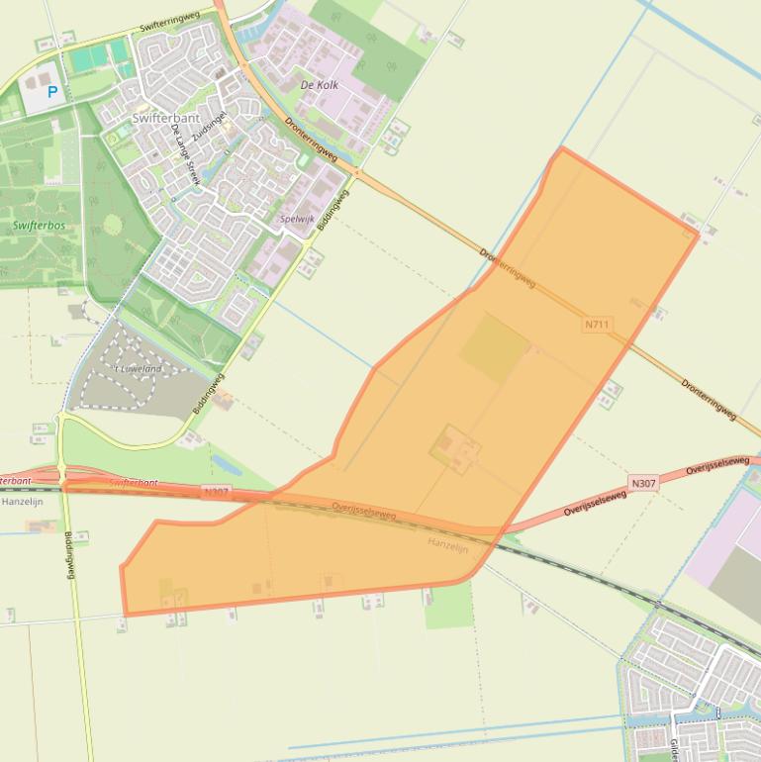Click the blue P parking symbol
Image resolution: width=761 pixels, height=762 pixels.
(52, 92)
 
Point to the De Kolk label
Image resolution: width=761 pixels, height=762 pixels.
(320, 85)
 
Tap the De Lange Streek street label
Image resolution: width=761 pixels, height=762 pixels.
(185, 154)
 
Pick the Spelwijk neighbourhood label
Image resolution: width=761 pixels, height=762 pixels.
(297, 219)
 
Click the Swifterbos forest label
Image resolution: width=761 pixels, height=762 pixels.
(40, 226)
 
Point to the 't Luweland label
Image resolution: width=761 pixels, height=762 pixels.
(138, 368)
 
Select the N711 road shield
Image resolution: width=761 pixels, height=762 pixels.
(597, 324)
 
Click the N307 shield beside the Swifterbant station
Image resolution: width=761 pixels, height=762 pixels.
(216, 492)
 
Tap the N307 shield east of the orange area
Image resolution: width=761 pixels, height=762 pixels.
(643, 483)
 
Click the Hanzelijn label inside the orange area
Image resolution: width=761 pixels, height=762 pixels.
(447, 544)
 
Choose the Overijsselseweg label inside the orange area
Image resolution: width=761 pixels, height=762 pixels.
(364, 510)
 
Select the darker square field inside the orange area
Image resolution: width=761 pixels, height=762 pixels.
(494, 347)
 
